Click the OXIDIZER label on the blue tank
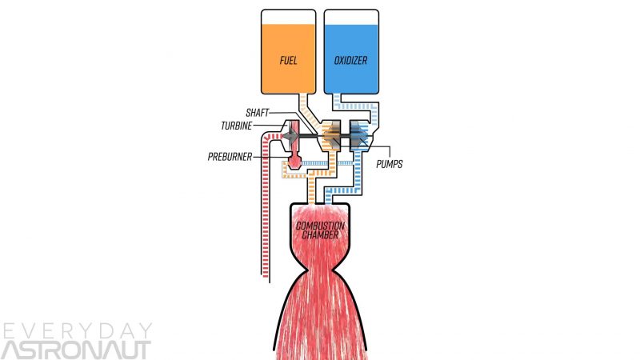(350, 59)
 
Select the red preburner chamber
(294, 161)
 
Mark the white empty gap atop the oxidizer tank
(350, 18)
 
